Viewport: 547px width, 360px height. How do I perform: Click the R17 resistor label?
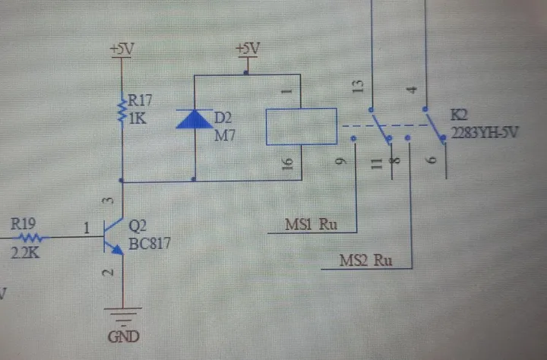pyautogui.click(x=140, y=100)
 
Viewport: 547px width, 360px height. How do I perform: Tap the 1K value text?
pyautogui.click(x=138, y=118)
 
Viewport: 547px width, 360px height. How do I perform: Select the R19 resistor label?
pyautogui.click(x=23, y=224)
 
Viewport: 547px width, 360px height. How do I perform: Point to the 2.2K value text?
pyautogui.click(x=25, y=253)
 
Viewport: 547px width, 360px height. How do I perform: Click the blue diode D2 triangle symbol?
pyautogui.click(x=194, y=119)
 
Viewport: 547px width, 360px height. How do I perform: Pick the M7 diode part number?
pyautogui.click(x=225, y=135)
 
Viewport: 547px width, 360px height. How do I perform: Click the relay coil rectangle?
pyautogui.click(x=302, y=126)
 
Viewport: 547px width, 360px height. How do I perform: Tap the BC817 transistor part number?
pyautogui.click(x=150, y=244)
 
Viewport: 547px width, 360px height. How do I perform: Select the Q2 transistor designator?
pyautogui.click(x=138, y=226)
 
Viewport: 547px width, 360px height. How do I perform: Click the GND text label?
pyautogui.click(x=124, y=336)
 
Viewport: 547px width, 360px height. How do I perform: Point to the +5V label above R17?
pyautogui.click(x=122, y=49)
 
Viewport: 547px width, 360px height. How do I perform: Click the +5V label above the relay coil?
pyautogui.click(x=248, y=49)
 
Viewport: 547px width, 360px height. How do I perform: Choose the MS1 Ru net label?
pyautogui.click(x=311, y=224)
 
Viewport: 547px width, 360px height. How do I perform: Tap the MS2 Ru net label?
pyautogui.click(x=366, y=261)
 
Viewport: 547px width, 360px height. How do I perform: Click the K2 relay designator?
pyautogui.click(x=459, y=115)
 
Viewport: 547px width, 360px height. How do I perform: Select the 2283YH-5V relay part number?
pyautogui.click(x=485, y=133)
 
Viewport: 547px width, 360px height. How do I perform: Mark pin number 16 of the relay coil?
pyautogui.click(x=287, y=164)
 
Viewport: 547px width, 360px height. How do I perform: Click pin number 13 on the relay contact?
pyautogui.click(x=358, y=87)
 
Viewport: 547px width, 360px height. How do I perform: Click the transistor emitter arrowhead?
pyautogui.click(x=118, y=250)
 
